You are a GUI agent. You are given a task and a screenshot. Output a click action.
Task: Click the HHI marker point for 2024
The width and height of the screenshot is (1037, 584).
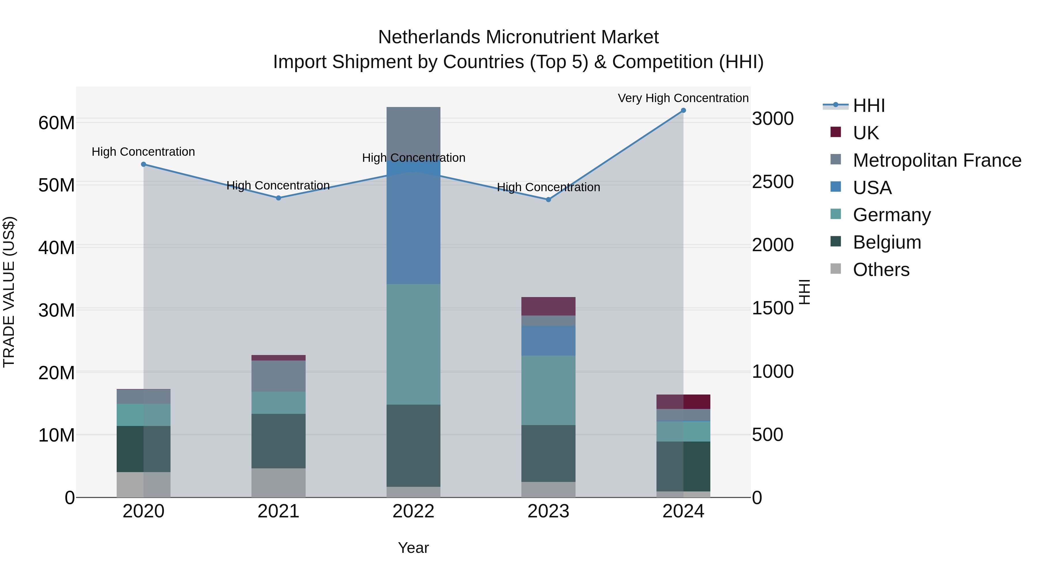[x=683, y=110]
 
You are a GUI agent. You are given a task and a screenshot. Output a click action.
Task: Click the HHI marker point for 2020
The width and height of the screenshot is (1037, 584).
[x=144, y=164]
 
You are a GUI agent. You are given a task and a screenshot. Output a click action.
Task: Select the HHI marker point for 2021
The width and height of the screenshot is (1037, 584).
[x=279, y=198]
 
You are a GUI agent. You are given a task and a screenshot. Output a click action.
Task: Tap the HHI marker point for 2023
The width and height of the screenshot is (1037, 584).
[x=548, y=200]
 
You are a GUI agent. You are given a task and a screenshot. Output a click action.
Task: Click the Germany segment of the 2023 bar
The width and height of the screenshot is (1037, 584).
[x=548, y=390]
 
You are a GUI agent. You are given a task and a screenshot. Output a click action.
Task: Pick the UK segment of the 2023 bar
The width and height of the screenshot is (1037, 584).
[x=548, y=306]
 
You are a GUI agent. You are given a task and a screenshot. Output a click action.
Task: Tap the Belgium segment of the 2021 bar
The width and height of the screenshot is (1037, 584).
[x=279, y=441]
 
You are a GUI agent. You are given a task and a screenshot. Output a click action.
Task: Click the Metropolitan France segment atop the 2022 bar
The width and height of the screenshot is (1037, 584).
[x=413, y=129]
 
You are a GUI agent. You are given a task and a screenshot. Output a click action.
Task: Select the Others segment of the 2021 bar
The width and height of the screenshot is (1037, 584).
[x=279, y=482]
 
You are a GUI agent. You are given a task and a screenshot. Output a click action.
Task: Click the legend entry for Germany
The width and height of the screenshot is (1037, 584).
[x=892, y=215]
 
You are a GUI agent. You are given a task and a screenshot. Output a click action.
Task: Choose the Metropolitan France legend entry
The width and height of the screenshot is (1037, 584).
[x=937, y=160]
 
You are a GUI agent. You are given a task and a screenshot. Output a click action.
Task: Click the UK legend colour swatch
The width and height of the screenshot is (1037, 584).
[x=836, y=132]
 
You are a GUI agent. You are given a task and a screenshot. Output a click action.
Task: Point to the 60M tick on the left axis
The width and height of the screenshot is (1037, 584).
[x=56, y=123]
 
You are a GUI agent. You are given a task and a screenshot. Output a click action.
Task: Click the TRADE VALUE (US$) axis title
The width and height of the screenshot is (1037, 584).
[x=9, y=292]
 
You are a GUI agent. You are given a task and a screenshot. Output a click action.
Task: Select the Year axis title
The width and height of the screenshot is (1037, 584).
[x=413, y=548]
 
